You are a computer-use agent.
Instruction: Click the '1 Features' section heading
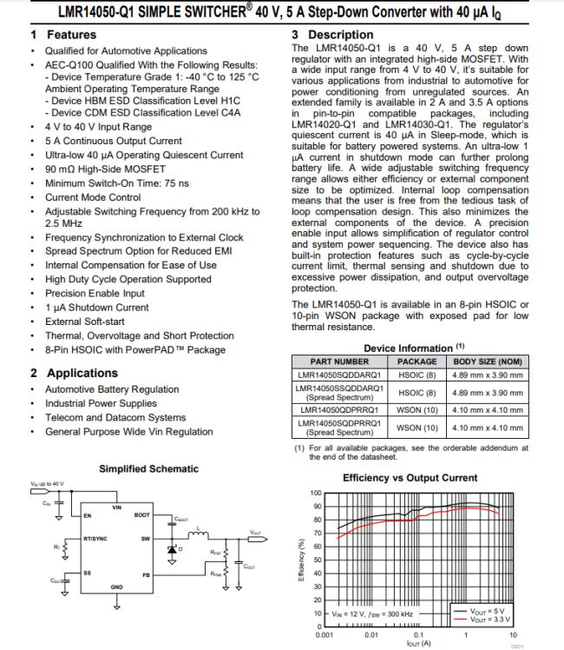tap(63, 35)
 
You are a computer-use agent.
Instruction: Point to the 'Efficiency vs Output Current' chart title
tap(410, 478)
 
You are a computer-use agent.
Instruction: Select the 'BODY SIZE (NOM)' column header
tap(487, 361)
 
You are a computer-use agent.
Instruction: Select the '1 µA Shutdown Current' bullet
tap(97, 308)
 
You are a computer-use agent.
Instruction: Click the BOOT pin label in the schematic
tap(141, 514)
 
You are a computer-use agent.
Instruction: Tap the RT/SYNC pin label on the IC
tap(95, 539)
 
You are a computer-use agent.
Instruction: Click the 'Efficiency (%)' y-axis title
tap(300, 560)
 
